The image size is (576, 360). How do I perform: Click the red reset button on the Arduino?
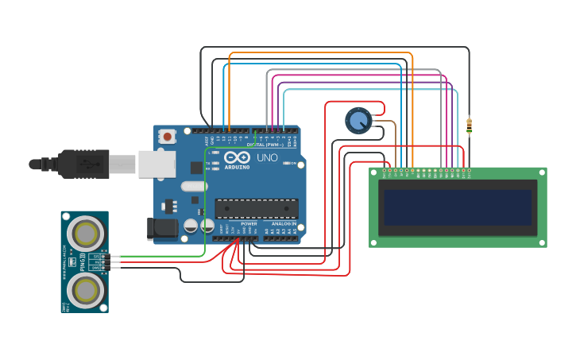coord(167,137)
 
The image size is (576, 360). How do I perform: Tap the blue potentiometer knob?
coord(358,121)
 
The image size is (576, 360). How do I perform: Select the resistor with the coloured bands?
coord(469,125)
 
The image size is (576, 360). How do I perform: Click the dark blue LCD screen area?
coord(457,207)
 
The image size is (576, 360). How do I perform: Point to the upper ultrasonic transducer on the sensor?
coord(84,233)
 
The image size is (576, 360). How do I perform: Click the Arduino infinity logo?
coord(236,157)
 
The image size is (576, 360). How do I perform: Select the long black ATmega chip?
coord(256,208)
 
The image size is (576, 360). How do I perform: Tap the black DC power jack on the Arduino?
coord(163,229)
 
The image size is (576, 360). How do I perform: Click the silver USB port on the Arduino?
coord(157,164)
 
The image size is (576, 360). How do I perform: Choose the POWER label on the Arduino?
coord(249,224)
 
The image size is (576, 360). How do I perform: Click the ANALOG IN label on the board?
coord(283,224)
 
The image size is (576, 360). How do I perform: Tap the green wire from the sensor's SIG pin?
coord(159,257)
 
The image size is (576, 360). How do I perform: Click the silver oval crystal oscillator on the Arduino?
coord(194,187)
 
